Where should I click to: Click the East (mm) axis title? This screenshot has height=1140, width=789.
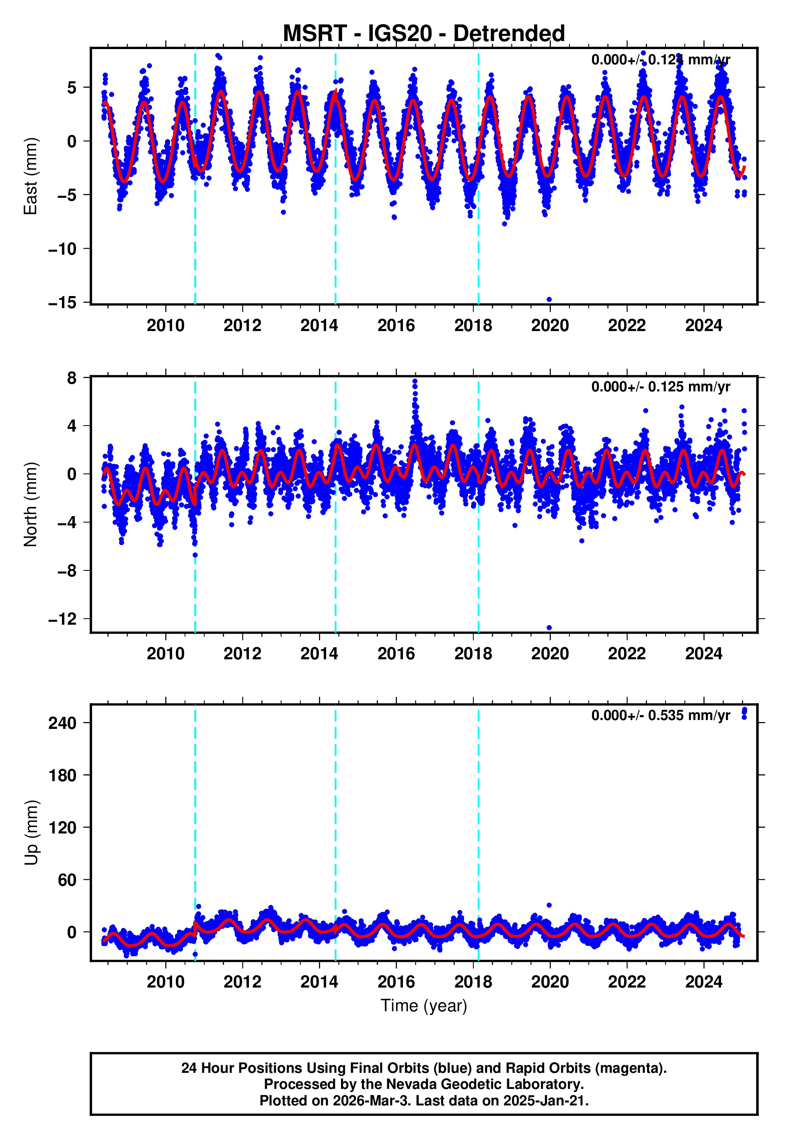(31, 176)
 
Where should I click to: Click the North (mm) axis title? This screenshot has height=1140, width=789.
(31, 504)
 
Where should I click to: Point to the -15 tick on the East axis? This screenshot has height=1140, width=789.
(63, 302)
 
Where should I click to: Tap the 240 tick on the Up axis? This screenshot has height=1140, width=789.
(63, 723)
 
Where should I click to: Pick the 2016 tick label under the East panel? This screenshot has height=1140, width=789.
(396, 326)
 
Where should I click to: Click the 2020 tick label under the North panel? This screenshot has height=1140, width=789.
(550, 654)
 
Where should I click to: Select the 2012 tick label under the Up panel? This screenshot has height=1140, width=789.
(242, 982)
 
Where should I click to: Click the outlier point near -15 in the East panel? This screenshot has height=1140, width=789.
(549, 300)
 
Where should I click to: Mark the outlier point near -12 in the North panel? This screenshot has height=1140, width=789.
(549, 628)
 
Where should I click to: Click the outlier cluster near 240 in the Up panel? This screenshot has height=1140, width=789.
(744, 712)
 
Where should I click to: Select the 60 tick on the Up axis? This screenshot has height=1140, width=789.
(68, 881)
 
